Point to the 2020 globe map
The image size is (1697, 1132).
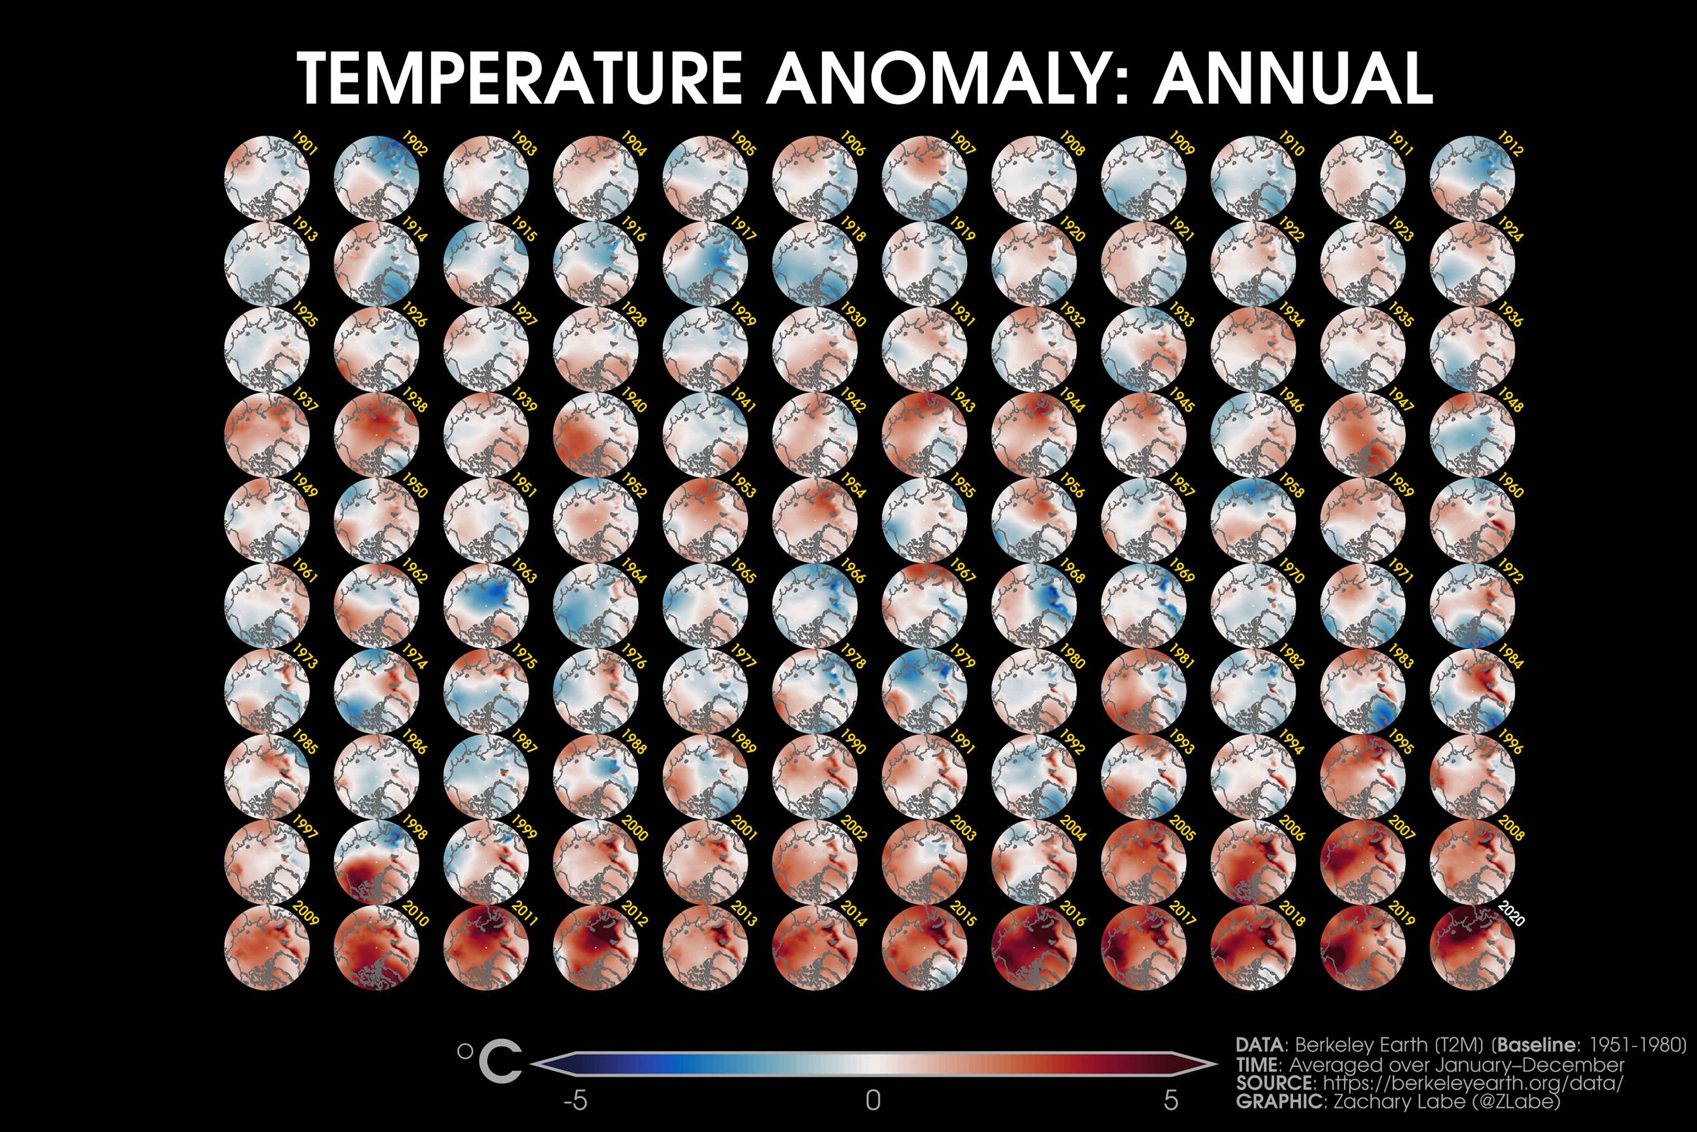1472,947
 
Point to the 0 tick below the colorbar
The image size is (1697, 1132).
873,1101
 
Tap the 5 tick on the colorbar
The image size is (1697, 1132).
1171,1101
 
